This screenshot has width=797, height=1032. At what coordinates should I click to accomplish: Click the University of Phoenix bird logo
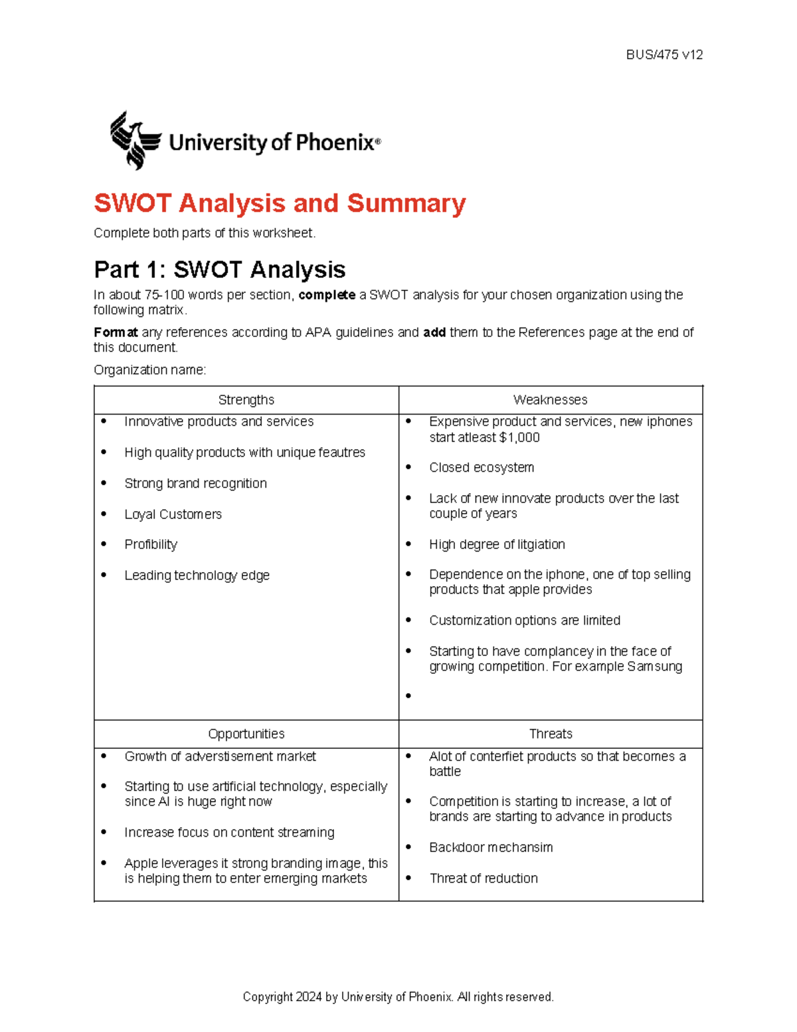(135, 140)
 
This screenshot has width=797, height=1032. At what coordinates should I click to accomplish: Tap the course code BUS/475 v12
(664, 55)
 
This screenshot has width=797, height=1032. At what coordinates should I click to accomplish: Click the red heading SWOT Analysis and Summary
(280, 203)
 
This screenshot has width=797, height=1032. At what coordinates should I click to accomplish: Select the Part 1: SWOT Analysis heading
(219, 270)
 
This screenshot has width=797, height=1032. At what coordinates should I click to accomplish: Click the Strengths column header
(246, 400)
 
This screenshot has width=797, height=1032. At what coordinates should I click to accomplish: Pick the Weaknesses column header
(550, 400)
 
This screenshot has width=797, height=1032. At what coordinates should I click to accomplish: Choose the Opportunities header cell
(246, 734)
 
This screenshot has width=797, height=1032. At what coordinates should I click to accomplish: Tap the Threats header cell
(550, 734)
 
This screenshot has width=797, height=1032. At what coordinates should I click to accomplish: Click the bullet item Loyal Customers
(173, 514)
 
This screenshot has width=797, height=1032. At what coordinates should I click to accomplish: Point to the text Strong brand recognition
(195, 484)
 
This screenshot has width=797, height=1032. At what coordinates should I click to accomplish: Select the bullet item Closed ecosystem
(482, 468)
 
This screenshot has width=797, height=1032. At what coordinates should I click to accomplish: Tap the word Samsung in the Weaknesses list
(655, 667)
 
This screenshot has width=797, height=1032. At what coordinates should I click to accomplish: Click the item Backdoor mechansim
(491, 847)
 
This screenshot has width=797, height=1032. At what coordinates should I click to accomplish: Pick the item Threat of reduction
(484, 878)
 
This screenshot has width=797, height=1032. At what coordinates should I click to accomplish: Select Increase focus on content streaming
(229, 833)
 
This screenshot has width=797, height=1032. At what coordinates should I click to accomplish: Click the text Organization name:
(150, 370)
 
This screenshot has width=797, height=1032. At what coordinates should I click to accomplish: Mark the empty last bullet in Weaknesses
(408, 696)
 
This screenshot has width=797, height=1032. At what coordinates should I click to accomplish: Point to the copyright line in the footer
(398, 997)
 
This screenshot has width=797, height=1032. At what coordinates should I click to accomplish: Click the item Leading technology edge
(197, 575)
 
